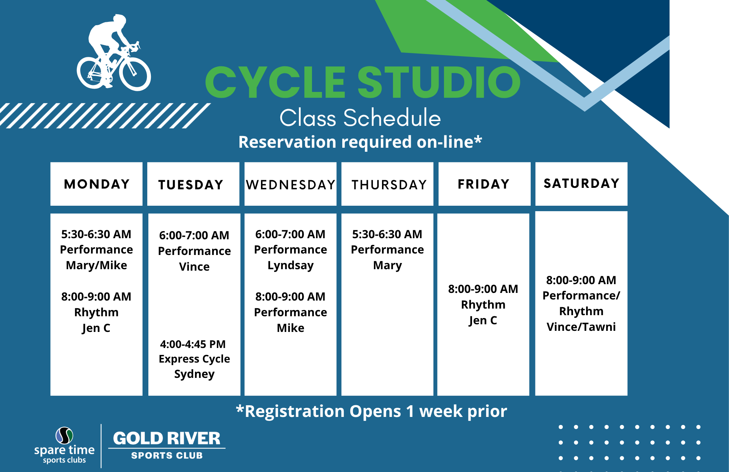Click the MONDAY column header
click(97, 184)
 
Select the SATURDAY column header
click(581, 183)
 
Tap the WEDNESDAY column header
click(291, 185)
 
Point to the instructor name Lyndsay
click(291, 266)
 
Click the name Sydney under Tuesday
click(194, 374)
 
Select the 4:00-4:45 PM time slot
click(193, 344)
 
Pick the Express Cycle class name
click(194, 359)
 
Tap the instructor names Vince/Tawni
click(581, 327)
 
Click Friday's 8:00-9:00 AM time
click(483, 289)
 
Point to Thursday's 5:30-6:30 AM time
click(387, 234)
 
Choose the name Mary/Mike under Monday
click(97, 266)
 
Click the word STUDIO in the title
click(439, 82)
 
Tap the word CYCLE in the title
click(275, 82)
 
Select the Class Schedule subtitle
click(360, 118)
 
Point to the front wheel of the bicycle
click(135, 75)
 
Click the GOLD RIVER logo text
click(167, 438)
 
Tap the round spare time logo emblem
click(64, 436)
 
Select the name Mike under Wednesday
click(291, 328)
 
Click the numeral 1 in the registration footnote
click(410, 411)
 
